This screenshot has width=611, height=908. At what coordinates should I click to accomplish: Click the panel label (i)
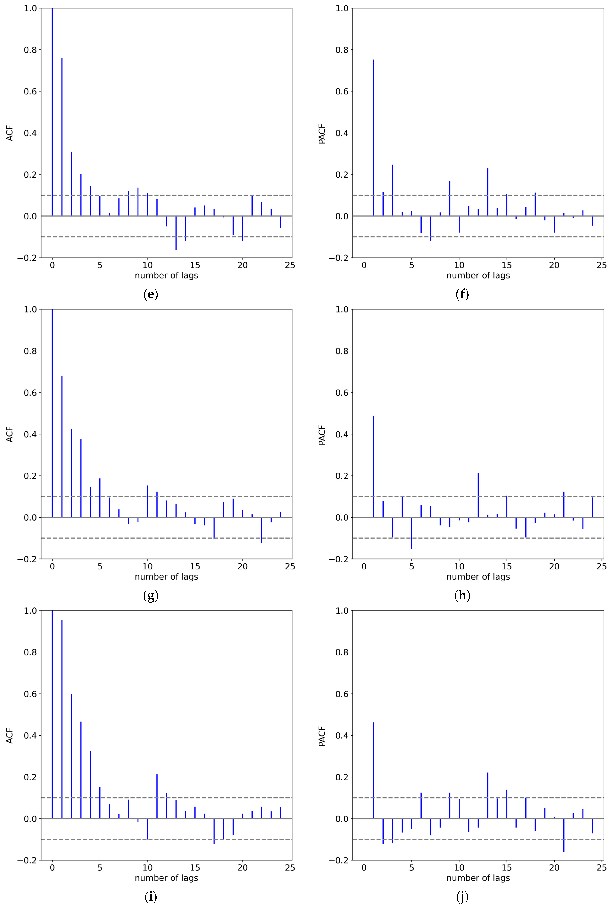pyautogui.click(x=151, y=897)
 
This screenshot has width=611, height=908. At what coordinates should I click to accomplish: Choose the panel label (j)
pyautogui.click(x=462, y=897)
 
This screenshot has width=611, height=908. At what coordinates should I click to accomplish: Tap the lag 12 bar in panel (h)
pyautogui.click(x=478, y=495)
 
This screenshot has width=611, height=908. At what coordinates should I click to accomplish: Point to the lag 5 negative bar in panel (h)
pyautogui.click(x=411, y=533)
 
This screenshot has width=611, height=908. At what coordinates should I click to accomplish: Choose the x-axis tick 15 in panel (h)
pyautogui.click(x=507, y=566)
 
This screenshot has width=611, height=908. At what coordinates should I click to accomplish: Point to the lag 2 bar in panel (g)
pyautogui.click(x=71, y=473)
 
